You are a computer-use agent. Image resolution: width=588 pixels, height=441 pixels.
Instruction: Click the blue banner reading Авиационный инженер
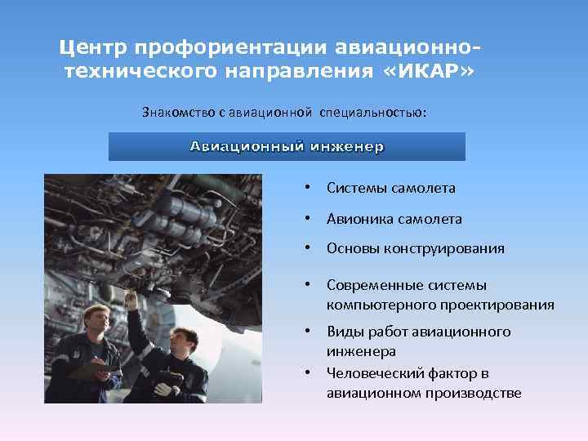287,147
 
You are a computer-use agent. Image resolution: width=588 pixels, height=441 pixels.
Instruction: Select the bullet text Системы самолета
390,188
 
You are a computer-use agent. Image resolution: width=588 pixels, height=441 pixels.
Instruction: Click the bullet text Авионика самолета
394,219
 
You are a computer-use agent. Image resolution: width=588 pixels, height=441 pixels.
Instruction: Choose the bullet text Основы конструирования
415,248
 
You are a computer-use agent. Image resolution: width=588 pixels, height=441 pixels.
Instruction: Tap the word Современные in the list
374,285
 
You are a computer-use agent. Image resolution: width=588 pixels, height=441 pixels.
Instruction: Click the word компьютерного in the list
375,305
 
